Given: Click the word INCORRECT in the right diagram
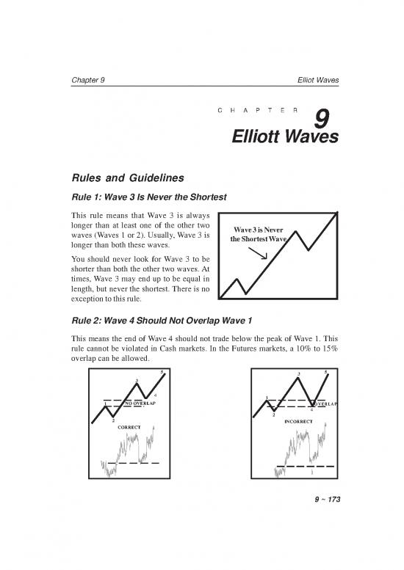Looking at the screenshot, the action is (297, 421).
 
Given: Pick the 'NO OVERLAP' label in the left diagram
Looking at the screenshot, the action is (140, 403).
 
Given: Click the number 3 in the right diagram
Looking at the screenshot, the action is (299, 374).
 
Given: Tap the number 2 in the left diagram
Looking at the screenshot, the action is (112, 420).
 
